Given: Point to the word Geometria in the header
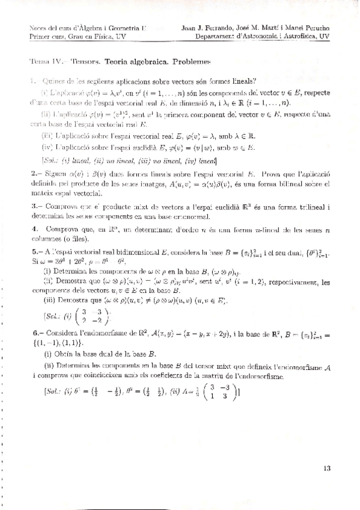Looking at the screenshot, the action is [x=124, y=28].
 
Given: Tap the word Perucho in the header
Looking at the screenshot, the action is [x=314, y=28].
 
